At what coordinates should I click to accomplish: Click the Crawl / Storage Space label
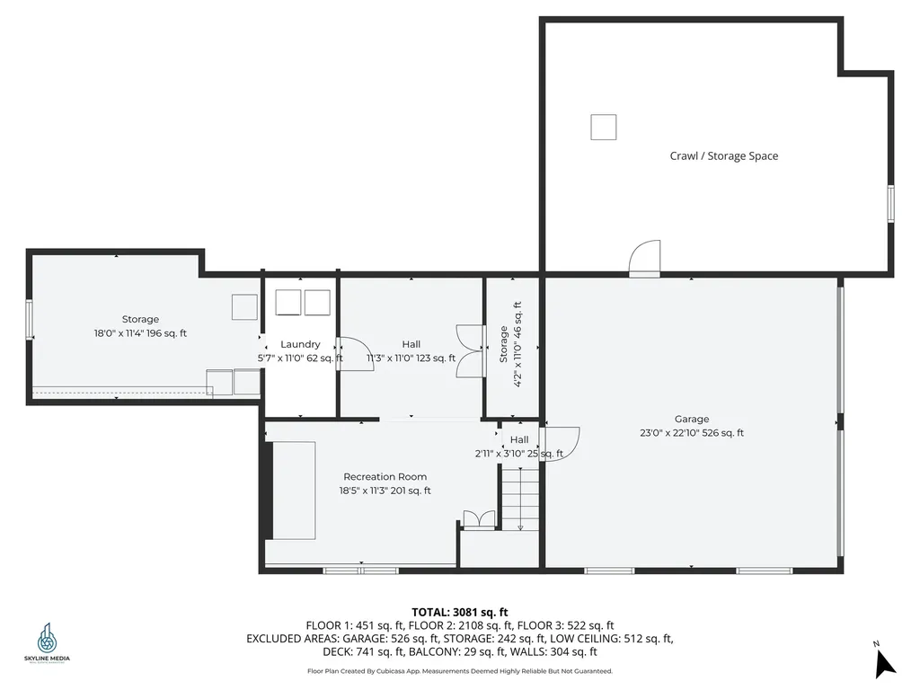coord(723,156)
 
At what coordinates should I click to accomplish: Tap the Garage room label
coord(692,419)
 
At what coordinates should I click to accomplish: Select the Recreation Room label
coord(385,477)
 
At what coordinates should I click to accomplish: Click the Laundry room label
coord(300,344)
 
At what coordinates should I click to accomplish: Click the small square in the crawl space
coord(603,127)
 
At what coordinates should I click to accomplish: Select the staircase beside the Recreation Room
coord(520,504)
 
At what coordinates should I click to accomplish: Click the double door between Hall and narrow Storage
coord(470,349)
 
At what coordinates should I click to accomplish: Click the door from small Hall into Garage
coord(562,444)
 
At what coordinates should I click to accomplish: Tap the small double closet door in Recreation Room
coord(478,519)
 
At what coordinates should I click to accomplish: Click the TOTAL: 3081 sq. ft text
coord(459,613)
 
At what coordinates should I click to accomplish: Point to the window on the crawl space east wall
coord(891,203)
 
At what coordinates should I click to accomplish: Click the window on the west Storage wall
coord(30,317)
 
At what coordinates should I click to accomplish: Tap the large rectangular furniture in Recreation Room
coord(294,491)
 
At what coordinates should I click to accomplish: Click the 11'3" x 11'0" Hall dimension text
coord(411,358)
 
